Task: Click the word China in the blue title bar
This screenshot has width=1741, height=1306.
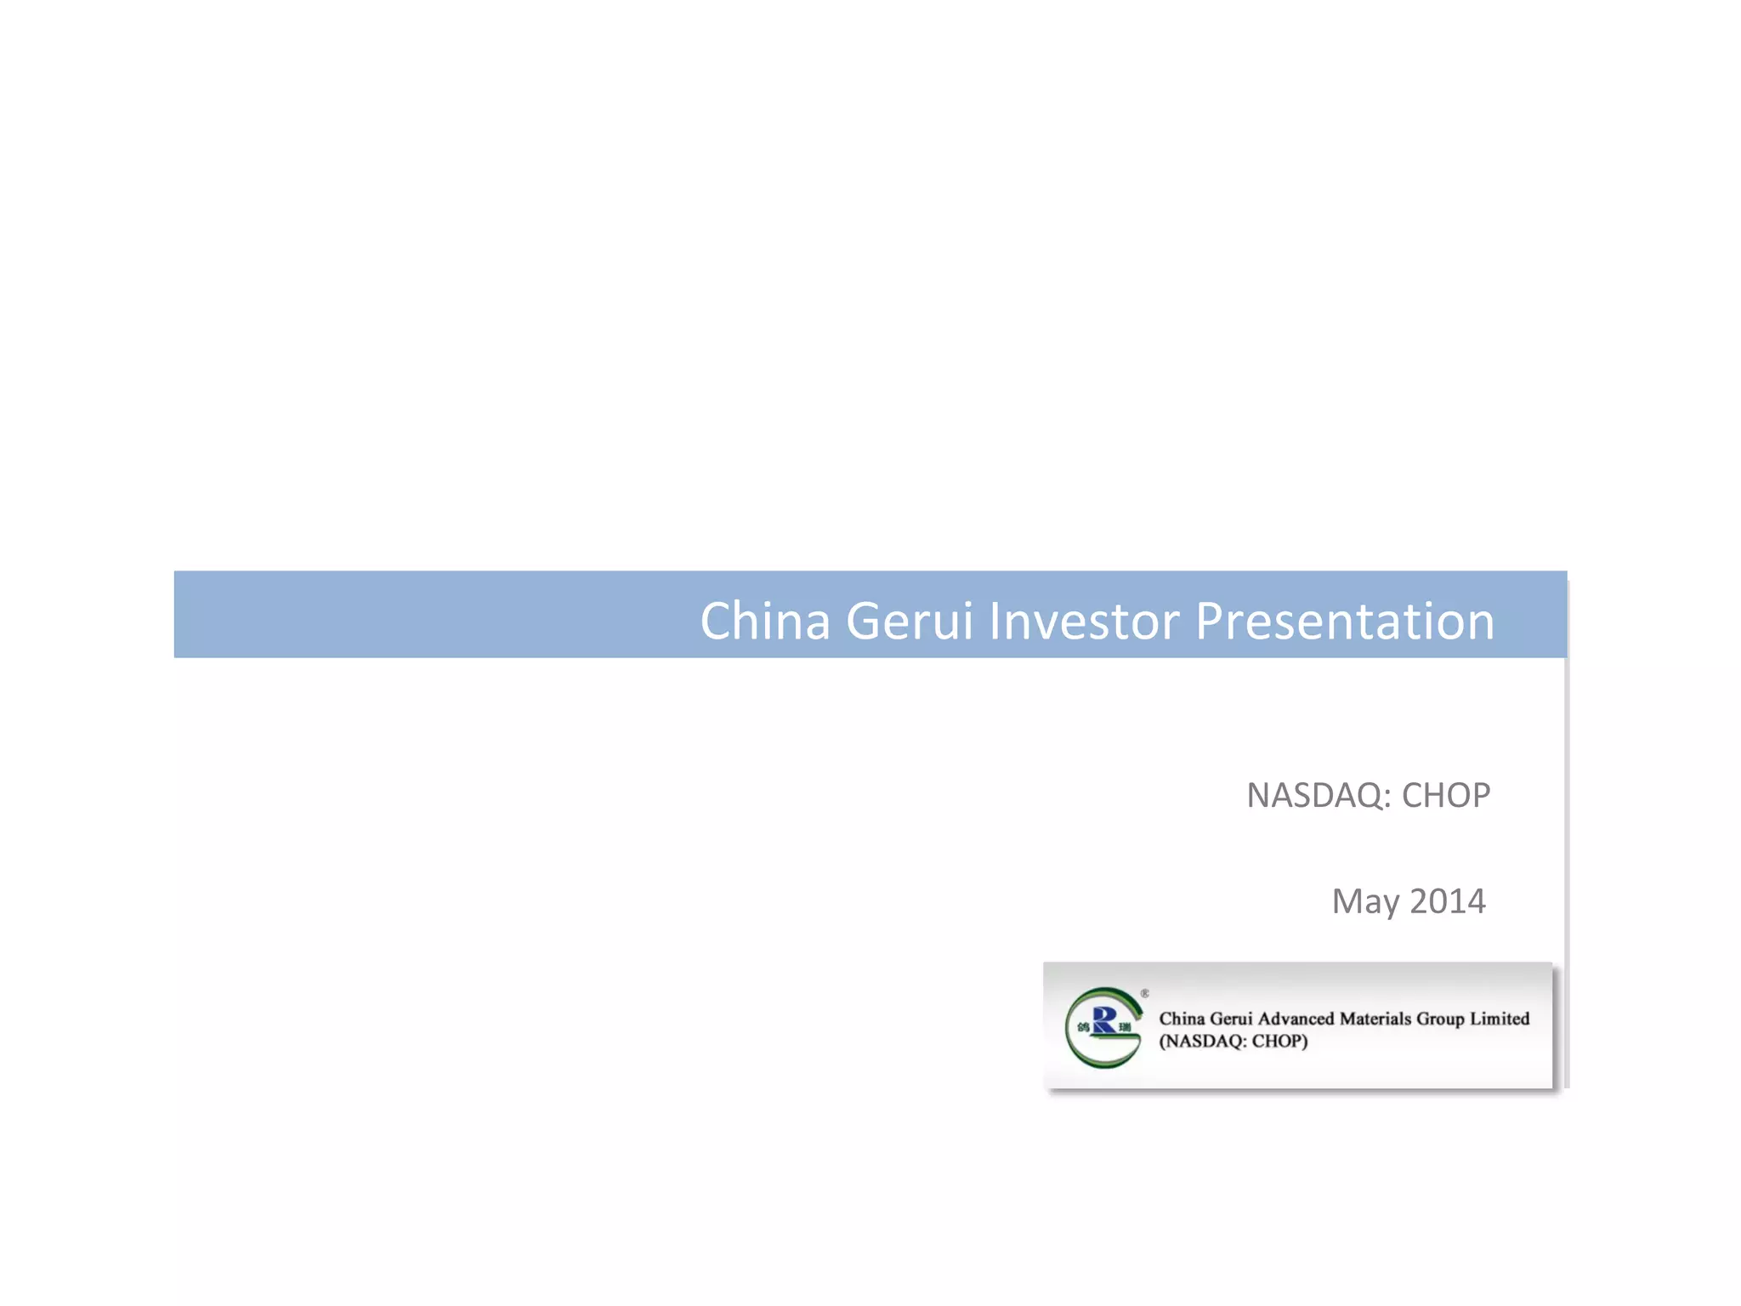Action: coord(764,621)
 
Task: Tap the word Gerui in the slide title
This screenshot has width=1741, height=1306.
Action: coord(909,621)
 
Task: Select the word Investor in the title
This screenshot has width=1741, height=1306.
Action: coord(1084,621)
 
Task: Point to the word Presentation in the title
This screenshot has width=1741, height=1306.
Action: coord(1345,621)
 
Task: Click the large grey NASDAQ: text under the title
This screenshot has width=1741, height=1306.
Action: coord(1319,796)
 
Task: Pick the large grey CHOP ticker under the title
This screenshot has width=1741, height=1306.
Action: coord(1445,796)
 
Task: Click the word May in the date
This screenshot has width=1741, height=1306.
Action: coord(1365,902)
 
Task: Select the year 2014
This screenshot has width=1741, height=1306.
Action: coord(1448,901)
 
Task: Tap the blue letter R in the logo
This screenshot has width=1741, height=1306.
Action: coord(1104,1020)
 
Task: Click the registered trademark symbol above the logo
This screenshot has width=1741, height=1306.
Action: coord(1145,993)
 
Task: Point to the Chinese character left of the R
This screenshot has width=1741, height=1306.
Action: coord(1083,1027)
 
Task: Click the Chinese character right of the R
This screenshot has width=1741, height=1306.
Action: coord(1126,1027)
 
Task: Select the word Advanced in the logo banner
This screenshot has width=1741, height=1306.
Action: coord(1296,1019)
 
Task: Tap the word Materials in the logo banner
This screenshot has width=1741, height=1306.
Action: coord(1375,1019)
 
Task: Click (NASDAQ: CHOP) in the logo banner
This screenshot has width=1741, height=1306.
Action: coord(1233,1042)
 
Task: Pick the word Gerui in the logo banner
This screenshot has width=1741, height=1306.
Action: coord(1231,1019)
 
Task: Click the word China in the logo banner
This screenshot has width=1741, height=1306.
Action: coord(1182,1019)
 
